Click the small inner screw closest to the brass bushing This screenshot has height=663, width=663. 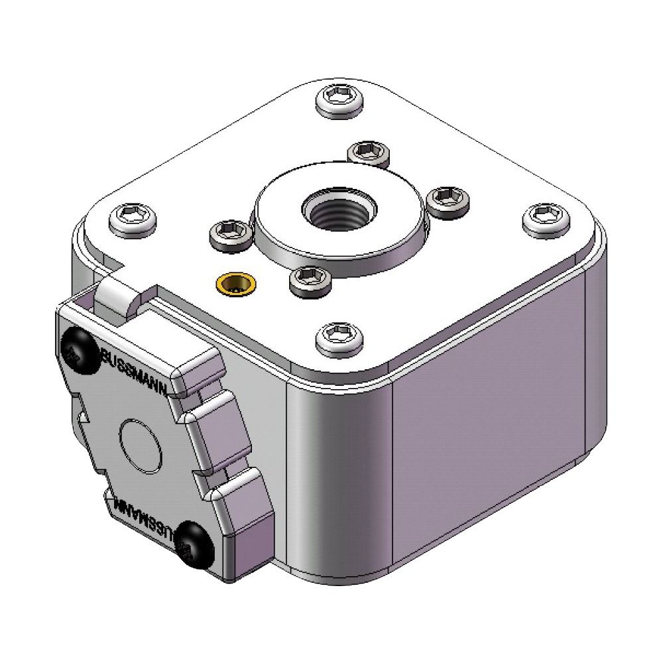229,233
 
